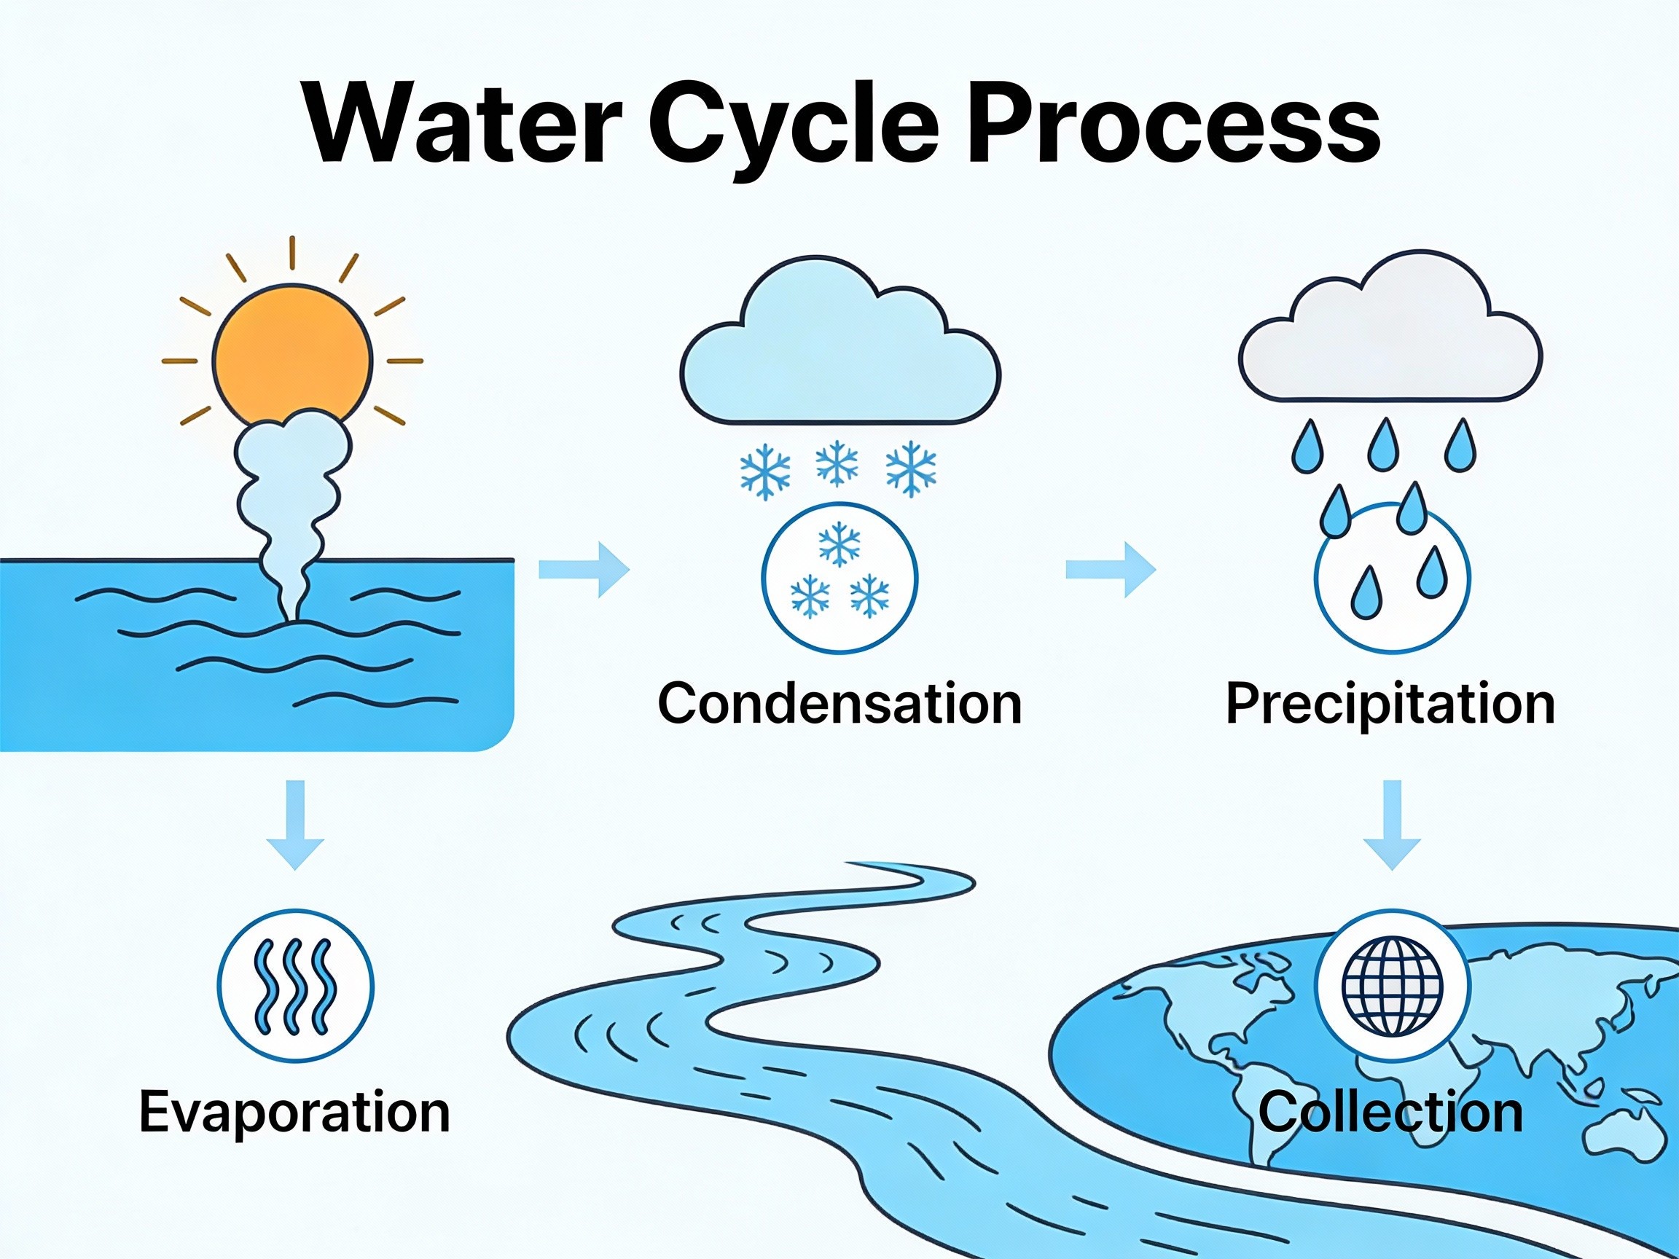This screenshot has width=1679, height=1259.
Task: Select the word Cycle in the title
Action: click(793, 129)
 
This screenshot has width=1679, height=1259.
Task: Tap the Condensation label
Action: click(839, 704)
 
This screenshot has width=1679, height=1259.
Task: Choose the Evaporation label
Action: click(294, 1113)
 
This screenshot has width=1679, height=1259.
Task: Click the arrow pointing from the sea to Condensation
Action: click(584, 569)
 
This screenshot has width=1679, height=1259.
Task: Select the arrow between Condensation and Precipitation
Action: click(1111, 569)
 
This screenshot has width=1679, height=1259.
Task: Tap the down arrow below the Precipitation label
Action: click(1392, 825)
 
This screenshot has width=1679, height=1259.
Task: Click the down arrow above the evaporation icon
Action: click(295, 825)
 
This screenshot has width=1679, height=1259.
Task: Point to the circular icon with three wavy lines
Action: click(295, 987)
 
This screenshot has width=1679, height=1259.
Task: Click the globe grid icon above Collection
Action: click(1392, 987)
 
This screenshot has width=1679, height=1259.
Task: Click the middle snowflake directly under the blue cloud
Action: click(837, 463)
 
